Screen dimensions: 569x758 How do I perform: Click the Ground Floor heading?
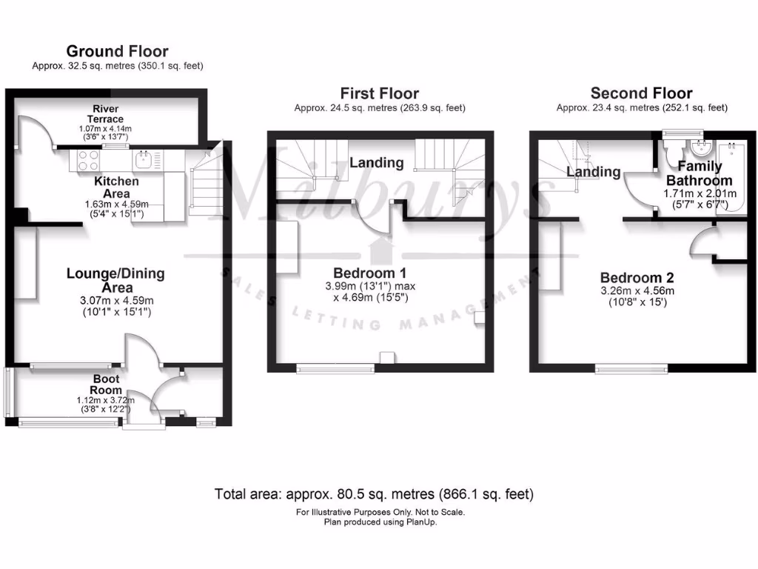(x=117, y=51)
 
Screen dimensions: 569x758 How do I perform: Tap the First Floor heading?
(x=379, y=93)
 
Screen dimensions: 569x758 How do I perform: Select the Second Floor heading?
(x=641, y=93)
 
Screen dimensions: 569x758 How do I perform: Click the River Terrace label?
(x=104, y=114)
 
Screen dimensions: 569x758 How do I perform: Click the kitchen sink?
(x=144, y=159)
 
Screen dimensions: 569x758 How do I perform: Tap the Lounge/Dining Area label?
(x=115, y=280)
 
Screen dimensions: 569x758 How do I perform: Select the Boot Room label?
(x=105, y=385)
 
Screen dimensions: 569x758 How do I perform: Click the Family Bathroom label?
(x=700, y=173)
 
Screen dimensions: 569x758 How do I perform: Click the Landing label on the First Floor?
(x=377, y=163)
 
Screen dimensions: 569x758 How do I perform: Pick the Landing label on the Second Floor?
(x=594, y=172)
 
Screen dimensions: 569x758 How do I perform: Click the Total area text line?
(x=374, y=493)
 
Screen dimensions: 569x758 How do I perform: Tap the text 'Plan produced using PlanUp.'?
(x=380, y=522)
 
